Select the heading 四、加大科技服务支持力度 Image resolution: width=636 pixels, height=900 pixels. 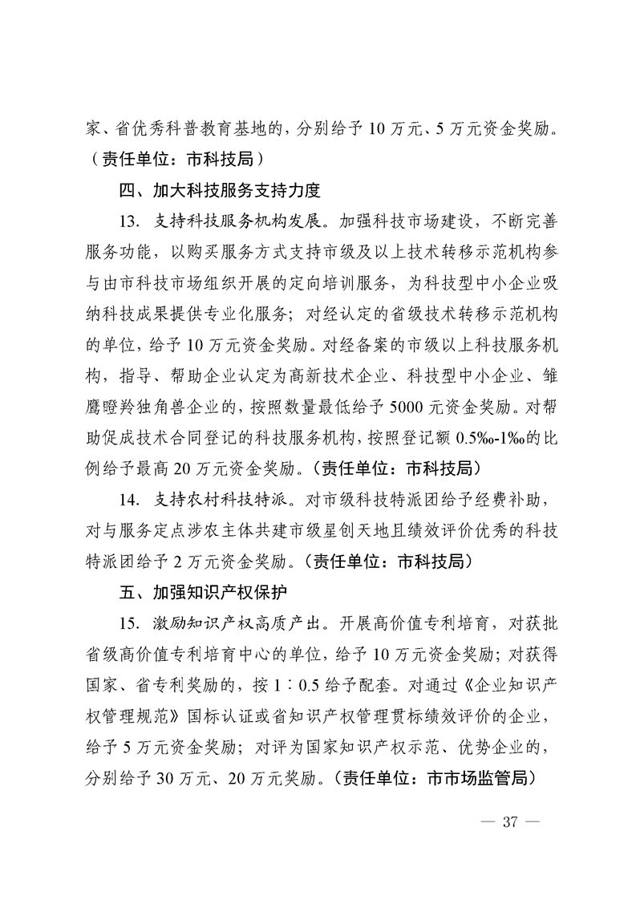coord(219,191)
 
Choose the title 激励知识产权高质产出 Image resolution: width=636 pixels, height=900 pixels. coord(233,622)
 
